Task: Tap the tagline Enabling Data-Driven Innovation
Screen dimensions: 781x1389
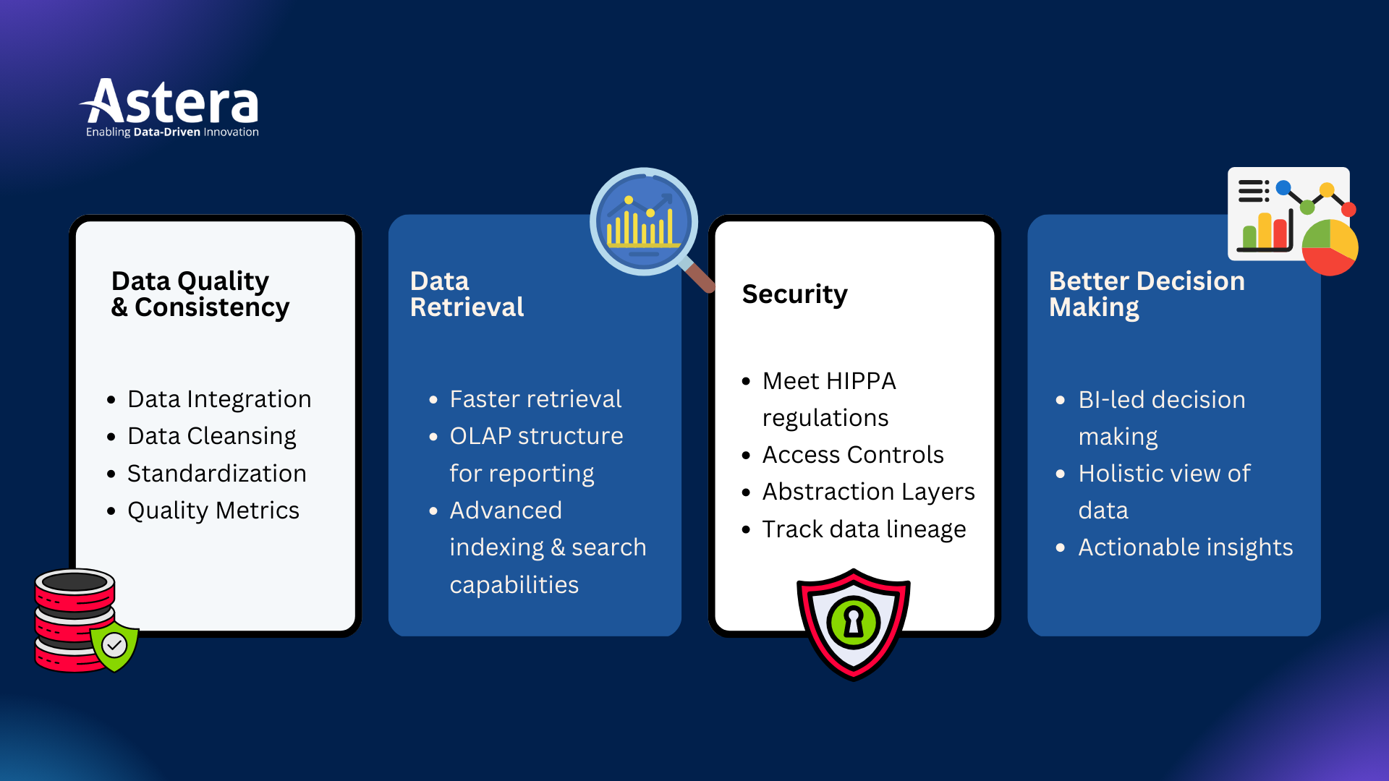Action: tap(172, 132)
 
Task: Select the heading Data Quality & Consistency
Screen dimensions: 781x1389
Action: tap(200, 294)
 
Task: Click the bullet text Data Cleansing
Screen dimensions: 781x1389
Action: tap(211, 436)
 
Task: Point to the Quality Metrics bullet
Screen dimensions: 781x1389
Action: tap(213, 511)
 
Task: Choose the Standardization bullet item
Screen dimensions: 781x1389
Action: tap(216, 474)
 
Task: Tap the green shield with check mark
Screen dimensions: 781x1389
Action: tap(114, 644)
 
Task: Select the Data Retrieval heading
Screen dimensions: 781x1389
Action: tap(467, 294)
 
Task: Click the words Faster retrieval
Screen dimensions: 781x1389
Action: tap(535, 399)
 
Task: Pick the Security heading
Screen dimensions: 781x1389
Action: tap(794, 294)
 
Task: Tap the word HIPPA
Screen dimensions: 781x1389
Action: tap(860, 381)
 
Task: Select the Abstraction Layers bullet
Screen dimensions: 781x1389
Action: tap(868, 492)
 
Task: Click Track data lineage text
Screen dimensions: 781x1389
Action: tap(864, 529)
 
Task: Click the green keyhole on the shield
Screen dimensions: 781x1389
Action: tap(854, 622)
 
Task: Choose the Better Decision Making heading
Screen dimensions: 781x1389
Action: tap(1147, 294)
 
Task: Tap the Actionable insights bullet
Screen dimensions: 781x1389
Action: tap(1185, 547)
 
